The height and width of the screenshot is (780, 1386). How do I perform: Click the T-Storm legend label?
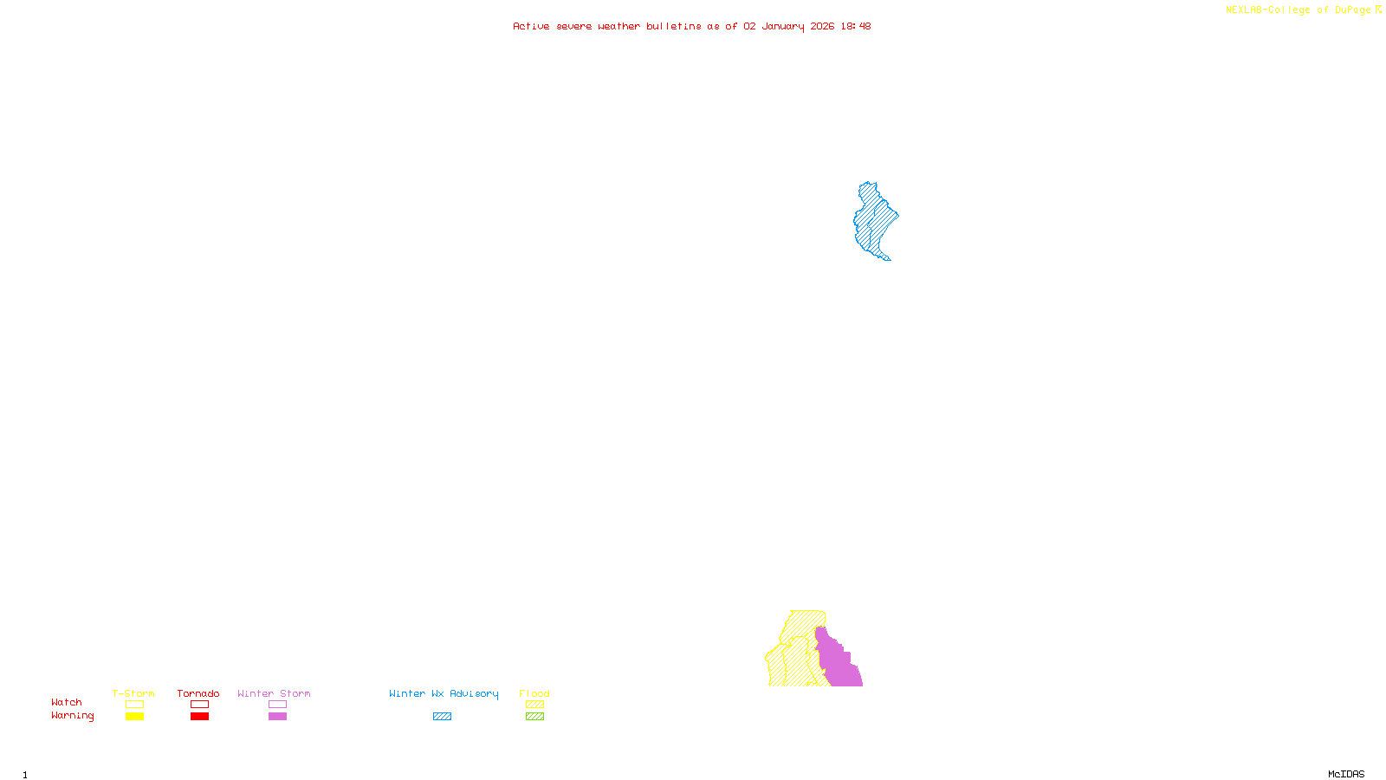click(133, 693)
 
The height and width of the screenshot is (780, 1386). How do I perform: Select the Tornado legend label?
click(198, 693)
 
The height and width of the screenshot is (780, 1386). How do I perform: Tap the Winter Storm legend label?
click(274, 693)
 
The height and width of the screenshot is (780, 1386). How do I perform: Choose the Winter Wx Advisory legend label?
click(444, 693)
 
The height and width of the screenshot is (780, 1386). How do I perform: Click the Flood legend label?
click(534, 693)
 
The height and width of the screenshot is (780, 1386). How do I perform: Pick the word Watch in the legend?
click(67, 702)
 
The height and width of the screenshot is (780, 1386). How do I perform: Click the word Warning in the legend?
click(72, 716)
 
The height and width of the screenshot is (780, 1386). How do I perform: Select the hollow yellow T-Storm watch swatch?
click(134, 705)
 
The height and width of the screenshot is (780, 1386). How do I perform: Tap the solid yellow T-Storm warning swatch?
click(134, 717)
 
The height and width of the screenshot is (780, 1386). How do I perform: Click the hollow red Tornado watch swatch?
click(199, 705)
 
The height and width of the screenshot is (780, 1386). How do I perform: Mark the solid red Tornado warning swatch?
click(199, 717)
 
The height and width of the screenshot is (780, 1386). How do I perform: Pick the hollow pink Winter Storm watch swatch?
click(277, 705)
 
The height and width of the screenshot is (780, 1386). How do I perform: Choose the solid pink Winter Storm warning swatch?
click(277, 717)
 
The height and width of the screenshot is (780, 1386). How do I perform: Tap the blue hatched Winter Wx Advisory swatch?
click(442, 717)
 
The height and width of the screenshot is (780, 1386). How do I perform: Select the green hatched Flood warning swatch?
click(534, 717)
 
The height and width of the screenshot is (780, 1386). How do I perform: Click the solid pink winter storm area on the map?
click(837, 663)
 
